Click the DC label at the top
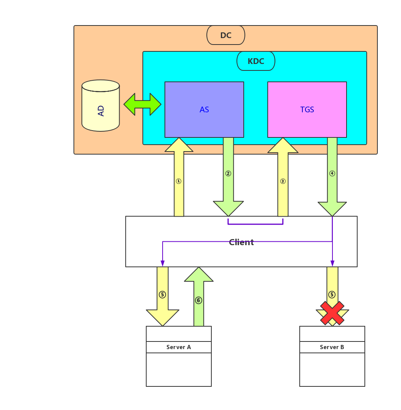[x=226, y=35]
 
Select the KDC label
[x=256, y=61]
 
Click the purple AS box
[x=204, y=110]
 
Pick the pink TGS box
[x=307, y=110]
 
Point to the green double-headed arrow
[x=142, y=104]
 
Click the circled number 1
[x=179, y=181]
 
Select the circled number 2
[x=228, y=174]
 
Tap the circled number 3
[x=283, y=181]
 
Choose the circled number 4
[x=332, y=174]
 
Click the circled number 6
[x=198, y=300]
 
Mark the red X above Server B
[x=332, y=313]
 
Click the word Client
[x=241, y=242]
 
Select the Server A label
[x=179, y=347]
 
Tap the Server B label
[x=332, y=347]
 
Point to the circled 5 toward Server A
[x=162, y=295]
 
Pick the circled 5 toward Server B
[x=332, y=295]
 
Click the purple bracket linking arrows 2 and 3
[x=255, y=224]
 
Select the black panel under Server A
[x=179, y=369]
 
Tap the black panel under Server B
[x=332, y=369]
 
